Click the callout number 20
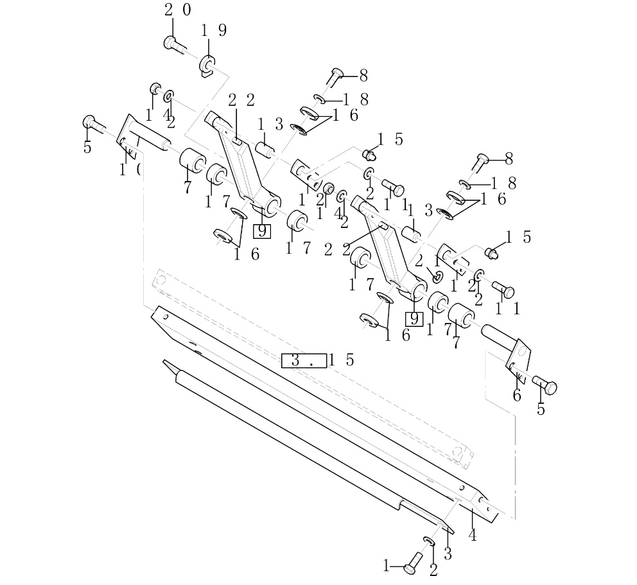coord(177,10)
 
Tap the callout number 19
coord(213,31)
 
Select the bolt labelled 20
coord(173,44)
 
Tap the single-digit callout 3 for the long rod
coord(448,554)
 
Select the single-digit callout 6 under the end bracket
coord(517,396)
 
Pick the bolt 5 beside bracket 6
coord(546,387)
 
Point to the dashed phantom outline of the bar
coord(308,360)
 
